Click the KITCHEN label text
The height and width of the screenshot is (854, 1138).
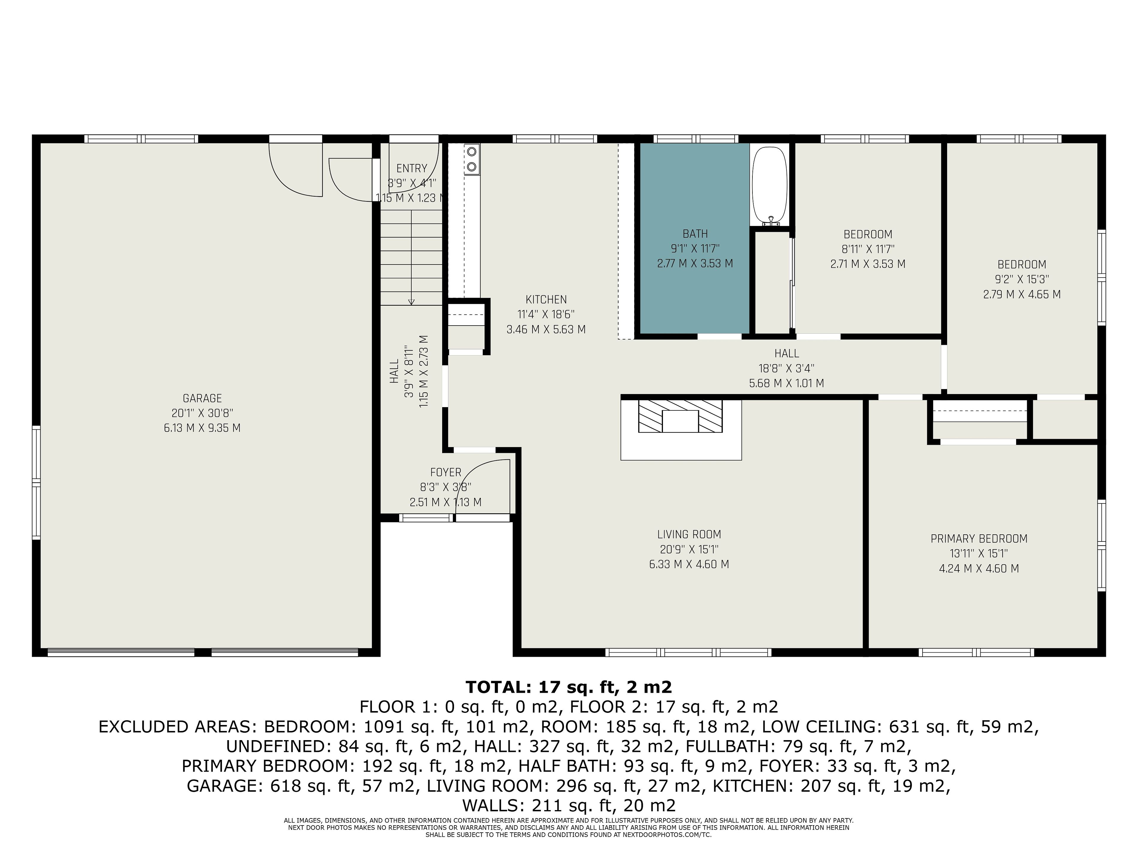pyautogui.click(x=546, y=299)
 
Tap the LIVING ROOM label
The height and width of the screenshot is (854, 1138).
pyautogui.click(x=689, y=534)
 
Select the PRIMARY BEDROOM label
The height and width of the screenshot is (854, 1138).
pyautogui.click(x=979, y=538)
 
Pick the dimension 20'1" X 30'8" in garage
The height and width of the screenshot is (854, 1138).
pyautogui.click(x=202, y=413)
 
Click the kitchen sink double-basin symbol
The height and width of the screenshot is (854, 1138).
pyautogui.click(x=471, y=159)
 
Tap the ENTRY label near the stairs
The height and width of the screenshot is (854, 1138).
pyautogui.click(x=412, y=168)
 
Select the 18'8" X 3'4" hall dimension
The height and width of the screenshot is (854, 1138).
pyautogui.click(x=786, y=368)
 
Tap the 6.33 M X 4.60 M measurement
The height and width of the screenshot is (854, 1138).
pyautogui.click(x=689, y=564)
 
